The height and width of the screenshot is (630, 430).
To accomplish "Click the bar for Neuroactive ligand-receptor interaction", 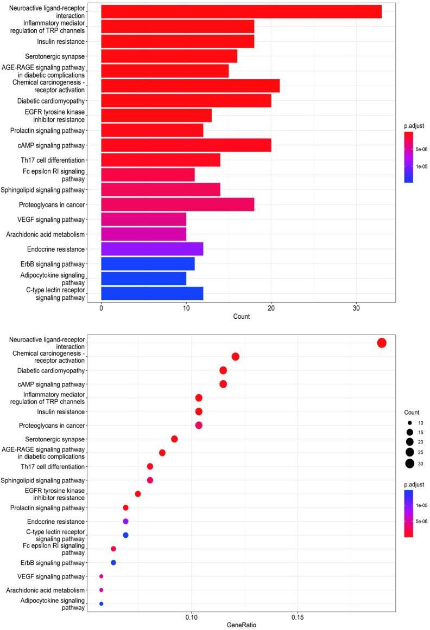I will coord(241,11).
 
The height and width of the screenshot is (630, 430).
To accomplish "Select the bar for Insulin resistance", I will coord(178,41).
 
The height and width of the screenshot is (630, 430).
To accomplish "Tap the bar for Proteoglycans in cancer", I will coord(178,204).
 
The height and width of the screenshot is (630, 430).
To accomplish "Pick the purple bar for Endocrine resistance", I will coord(152,249).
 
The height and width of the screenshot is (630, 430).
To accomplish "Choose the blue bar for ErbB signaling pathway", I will coord(148,264).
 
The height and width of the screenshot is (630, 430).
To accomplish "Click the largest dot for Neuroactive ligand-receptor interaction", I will coord(381,343).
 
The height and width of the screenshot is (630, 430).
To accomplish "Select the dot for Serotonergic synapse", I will coord(174,439).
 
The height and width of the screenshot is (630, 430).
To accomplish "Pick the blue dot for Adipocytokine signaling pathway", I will coord(101,603).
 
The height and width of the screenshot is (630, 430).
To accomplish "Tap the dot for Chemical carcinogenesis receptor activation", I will coord(235,356).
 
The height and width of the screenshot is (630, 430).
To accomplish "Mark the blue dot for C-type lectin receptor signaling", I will coord(125,535).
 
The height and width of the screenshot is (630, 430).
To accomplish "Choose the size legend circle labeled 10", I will coord(409,422).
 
